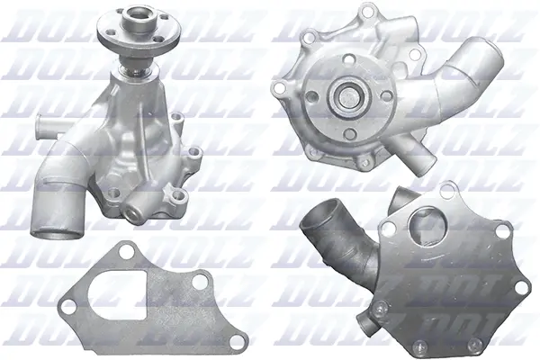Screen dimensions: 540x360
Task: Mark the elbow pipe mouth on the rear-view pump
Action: (x=319, y=213)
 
